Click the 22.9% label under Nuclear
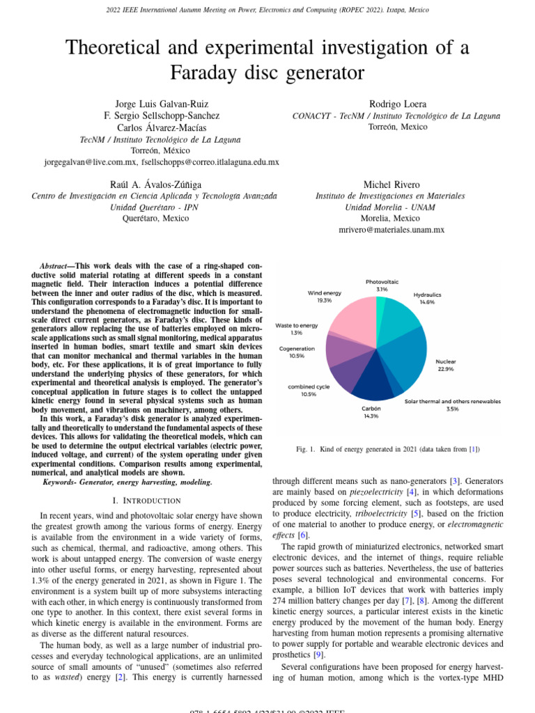[x=445, y=369]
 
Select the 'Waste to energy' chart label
[x=296, y=325]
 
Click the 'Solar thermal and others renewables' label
[x=452, y=401]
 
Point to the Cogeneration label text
[x=297, y=347]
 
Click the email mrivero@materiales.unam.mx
[x=391, y=229]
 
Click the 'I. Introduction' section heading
[x=146, y=500]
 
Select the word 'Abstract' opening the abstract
[x=57, y=266]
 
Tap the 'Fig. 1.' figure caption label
[x=307, y=449]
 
